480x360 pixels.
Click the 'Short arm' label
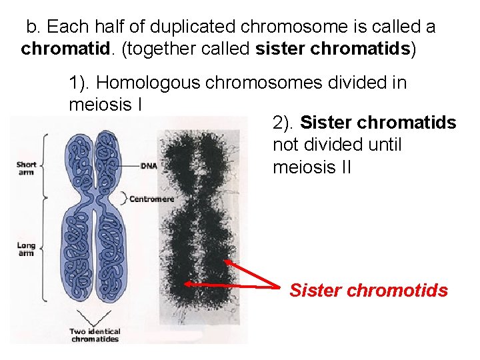point(27,168)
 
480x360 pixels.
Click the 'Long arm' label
point(26,249)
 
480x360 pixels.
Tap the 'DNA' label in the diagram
point(148,165)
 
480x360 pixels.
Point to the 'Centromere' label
point(151,199)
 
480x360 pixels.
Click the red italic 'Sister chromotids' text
point(369,291)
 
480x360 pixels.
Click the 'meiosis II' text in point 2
point(312,167)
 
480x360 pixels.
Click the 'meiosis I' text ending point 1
point(107,105)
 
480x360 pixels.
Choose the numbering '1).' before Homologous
point(80,83)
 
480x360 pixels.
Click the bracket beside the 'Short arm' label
point(45,165)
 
